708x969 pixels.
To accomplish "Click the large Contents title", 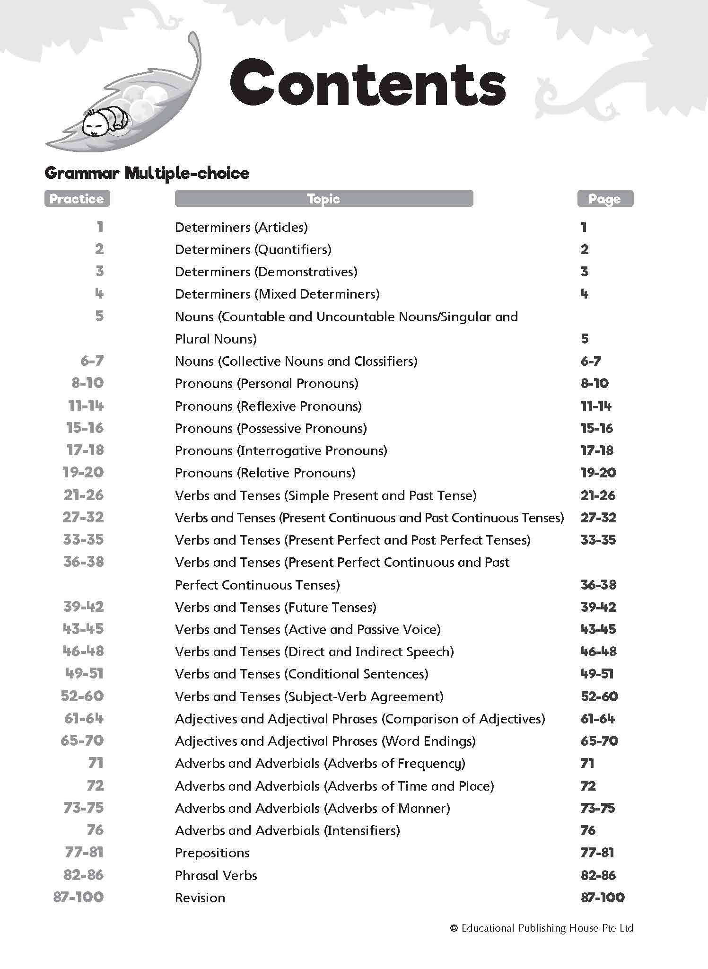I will (x=367, y=83).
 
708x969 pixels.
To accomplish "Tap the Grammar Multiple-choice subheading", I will (x=147, y=173).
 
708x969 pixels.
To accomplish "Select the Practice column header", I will (x=77, y=199).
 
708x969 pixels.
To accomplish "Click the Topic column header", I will (x=323, y=199).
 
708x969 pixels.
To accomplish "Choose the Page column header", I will (x=604, y=199).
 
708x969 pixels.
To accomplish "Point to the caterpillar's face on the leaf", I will (x=93, y=125).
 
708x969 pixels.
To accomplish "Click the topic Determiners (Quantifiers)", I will (x=253, y=249).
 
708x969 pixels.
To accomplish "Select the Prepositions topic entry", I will (x=212, y=853).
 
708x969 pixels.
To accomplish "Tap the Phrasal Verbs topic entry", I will (x=216, y=875).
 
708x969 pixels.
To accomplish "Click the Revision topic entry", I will (x=200, y=898).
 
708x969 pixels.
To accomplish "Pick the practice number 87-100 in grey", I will (x=79, y=897).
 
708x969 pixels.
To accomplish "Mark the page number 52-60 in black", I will (x=599, y=696).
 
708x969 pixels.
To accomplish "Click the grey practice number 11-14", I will (x=86, y=405).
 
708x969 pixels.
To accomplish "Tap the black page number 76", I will (x=588, y=830).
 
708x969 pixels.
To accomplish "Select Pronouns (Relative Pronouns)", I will (x=265, y=473).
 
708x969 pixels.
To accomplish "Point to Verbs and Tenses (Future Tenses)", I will (x=275, y=607).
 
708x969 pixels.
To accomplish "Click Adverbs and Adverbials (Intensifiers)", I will (x=287, y=830).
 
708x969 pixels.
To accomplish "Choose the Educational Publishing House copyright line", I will (x=542, y=928).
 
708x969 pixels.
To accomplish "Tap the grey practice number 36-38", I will (x=84, y=562).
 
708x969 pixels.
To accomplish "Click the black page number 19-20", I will (x=598, y=473).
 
